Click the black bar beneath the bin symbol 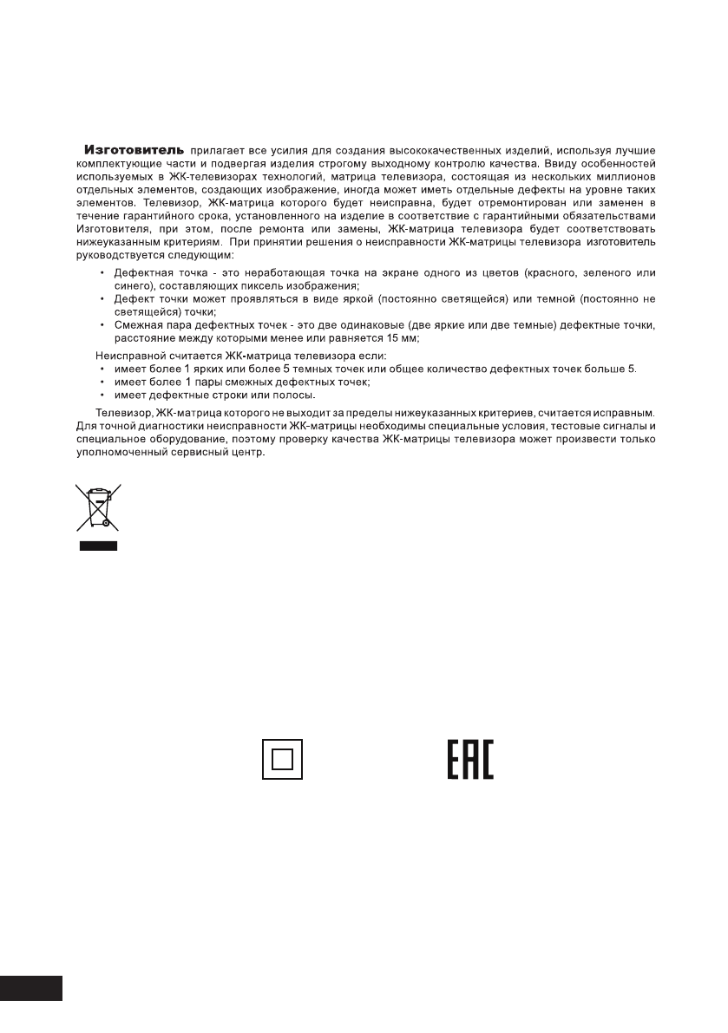[98, 547]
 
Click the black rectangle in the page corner [31, 989]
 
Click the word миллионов [624, 175]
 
